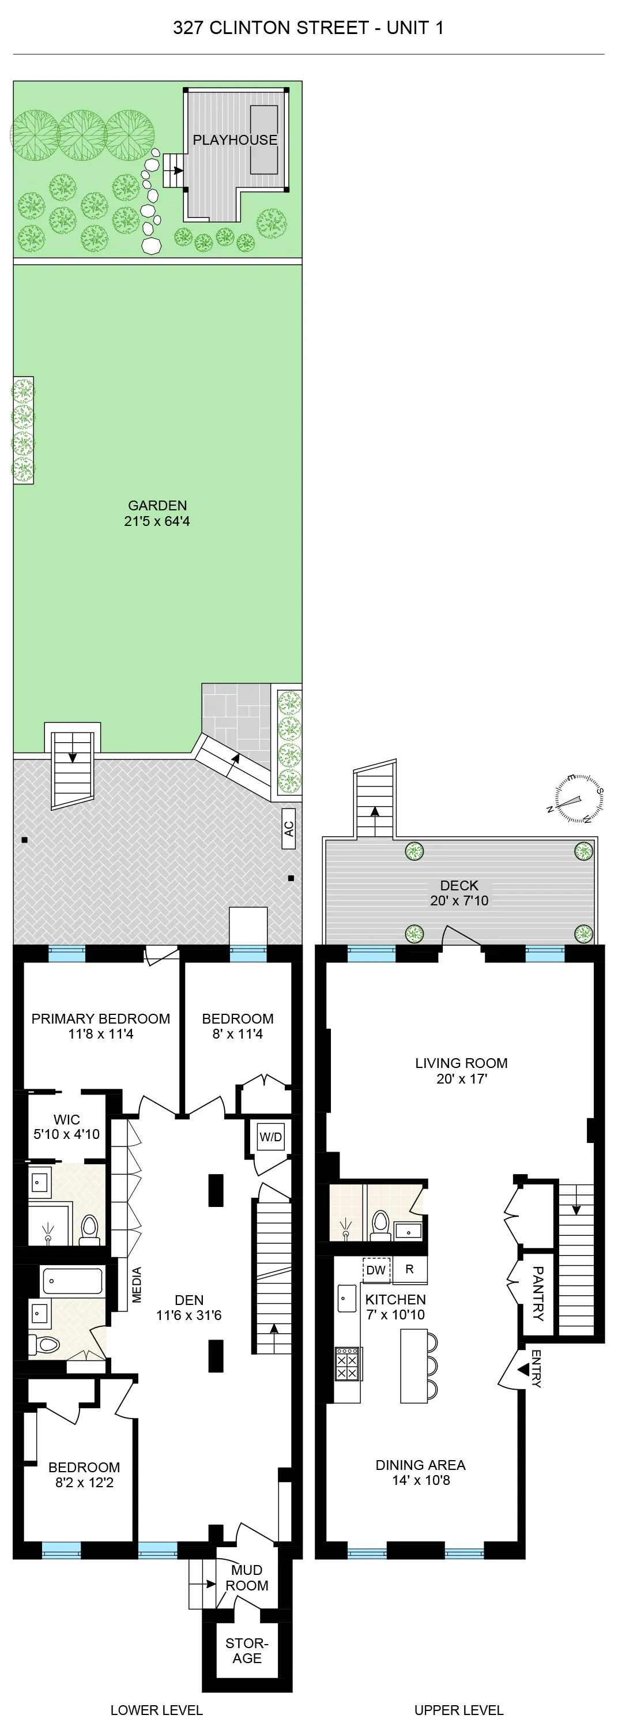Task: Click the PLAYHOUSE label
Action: click(235, 140)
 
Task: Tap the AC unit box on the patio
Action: click(289, 829)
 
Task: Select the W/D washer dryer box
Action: click(271, 1137)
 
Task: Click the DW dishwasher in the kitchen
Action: click(376, 1270)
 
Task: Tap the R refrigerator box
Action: click(409, 1269)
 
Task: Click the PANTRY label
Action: click(537, 1293)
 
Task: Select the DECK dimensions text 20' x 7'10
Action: click(459, 901)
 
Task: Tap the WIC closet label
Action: click(66, 1119)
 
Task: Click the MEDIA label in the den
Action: click(137, 1285)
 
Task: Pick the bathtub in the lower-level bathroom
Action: click(72, 1281)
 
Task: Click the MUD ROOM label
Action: click(247, 1578)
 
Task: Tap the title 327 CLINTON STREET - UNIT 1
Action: click(308, 28)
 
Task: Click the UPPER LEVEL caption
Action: click(458, 1710)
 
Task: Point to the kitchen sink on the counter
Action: click(346, 1297)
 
